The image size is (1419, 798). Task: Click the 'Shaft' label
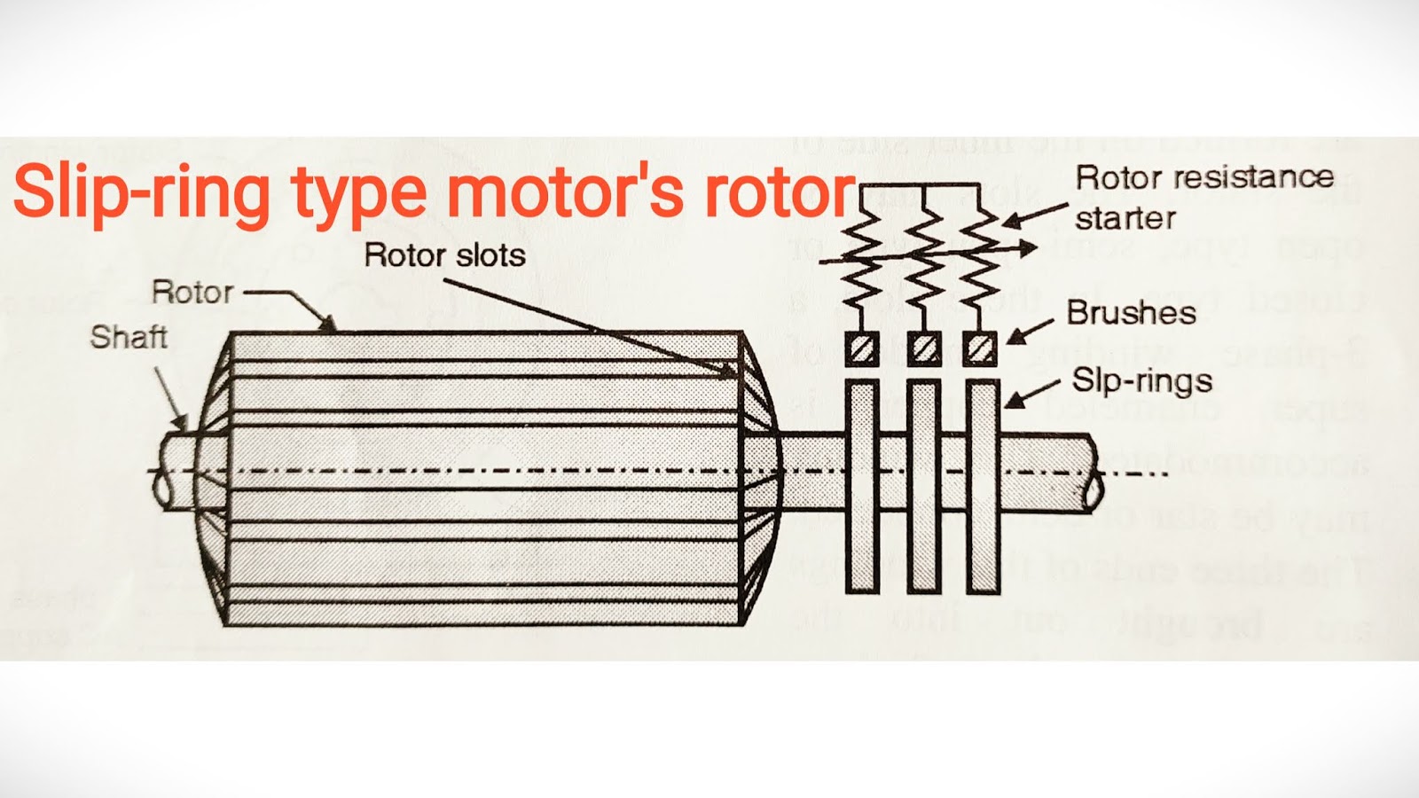click(129, 337)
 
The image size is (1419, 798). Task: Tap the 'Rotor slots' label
click(444, 255)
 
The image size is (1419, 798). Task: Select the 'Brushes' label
click(1131, 312)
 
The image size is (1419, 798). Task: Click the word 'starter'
click(1125, 218)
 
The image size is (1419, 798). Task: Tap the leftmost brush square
click(861, 348)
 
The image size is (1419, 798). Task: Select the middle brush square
click(923, 348)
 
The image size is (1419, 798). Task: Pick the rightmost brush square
click(980, 348)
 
